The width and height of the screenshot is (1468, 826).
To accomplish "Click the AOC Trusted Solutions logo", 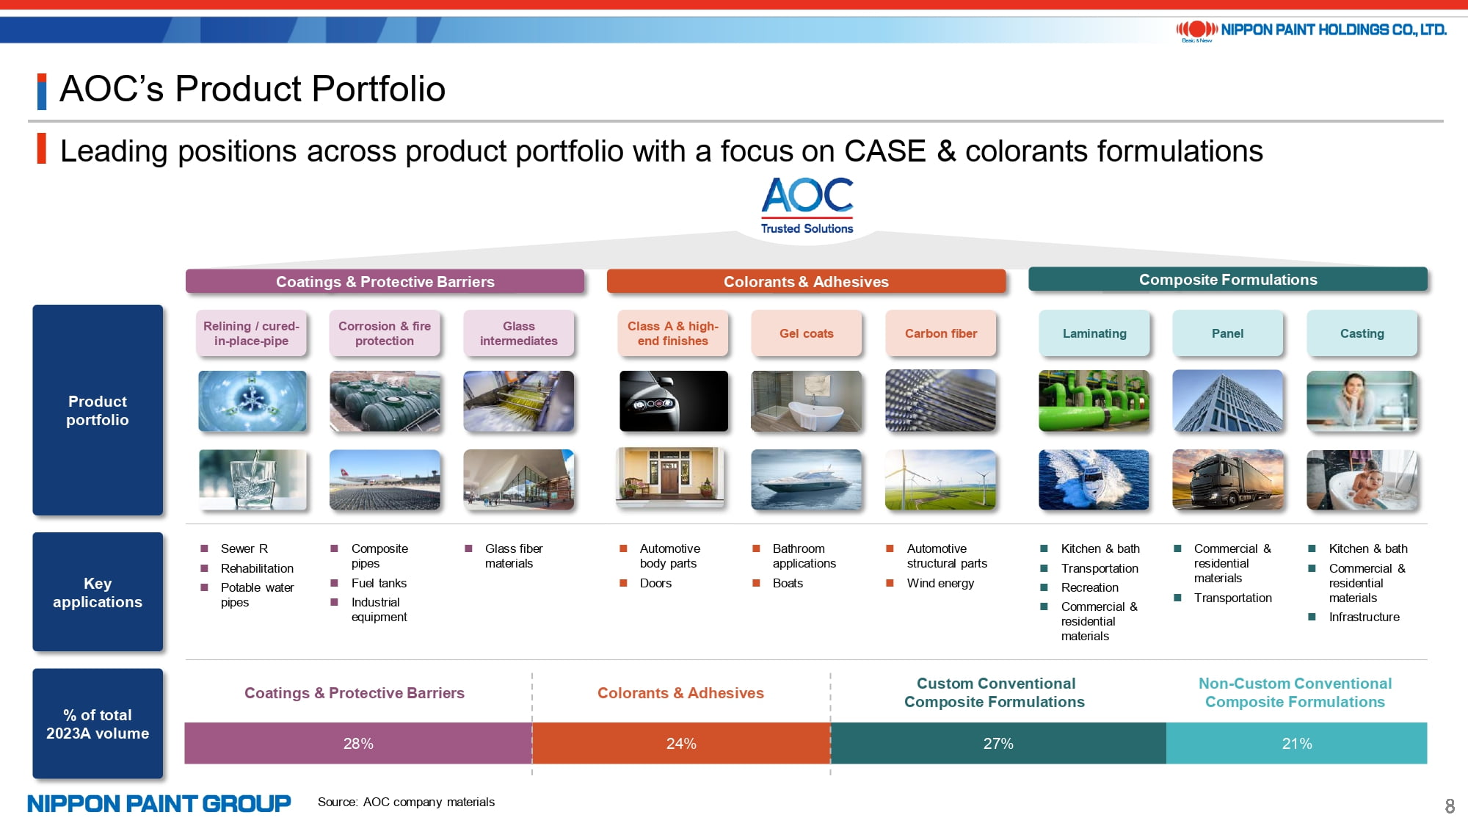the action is pyautogui.click(x=807, y=206).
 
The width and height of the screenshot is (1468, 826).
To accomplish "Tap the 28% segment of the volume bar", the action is pyautogui.click(x=358, y=743).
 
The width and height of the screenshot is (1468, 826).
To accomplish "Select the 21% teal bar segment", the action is pyautogui.click(x=1296, y=743).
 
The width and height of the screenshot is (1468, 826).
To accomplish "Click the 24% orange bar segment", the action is pyautogui.click(x=681, y=743).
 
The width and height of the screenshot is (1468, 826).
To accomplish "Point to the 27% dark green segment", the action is pyautogui.click(x=998, y=743).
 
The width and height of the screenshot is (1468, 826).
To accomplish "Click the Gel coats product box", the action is pyautogui.click(x=806, y=333).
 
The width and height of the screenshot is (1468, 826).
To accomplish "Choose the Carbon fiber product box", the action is pyautogui.click(x=940, y=333).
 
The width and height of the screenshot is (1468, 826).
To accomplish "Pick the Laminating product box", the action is pyautogui.click(x=1094, y=333).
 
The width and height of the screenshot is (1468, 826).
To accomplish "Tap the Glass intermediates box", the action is pyautogui.click(x=518, y=333).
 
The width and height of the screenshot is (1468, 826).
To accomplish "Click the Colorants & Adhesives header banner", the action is pyautogui.click(x=806, y=281).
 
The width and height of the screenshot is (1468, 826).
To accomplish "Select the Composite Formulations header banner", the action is pyautogui.click(x=1228, y=280).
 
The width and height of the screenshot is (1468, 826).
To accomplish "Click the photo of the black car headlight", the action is pyautogui.click(x=674, y=401).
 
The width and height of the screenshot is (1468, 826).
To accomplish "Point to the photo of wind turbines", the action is pyautogui.click(x=940, y=479).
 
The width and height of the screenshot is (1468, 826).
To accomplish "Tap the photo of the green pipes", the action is pyautogui.click(x=1094, y=401).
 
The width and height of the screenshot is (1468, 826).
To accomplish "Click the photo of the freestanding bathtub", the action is pyautogui.click(x=806, y=401).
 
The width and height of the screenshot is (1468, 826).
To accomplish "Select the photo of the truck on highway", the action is pyautogui.click(x=1228, y=479).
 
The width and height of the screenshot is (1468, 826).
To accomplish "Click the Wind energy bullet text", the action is pyautogui.click(x=940, y=583).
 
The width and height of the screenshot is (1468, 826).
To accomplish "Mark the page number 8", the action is pyautogui.click(x=1450, y=806).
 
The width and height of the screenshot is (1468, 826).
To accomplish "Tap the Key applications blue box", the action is pyautogui.click(x=98, y=592).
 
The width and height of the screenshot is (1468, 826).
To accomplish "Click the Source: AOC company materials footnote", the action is pyautogui.click(x=406, y=802).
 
